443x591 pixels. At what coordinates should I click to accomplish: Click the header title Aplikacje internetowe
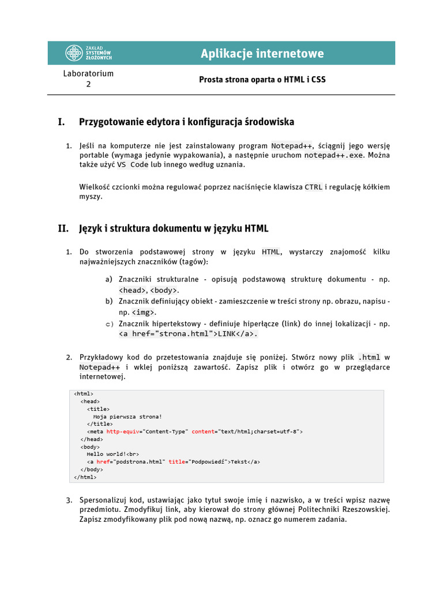262,54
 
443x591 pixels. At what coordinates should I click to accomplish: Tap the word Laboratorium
88,73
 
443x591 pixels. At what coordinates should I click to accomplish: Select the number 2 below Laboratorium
88,84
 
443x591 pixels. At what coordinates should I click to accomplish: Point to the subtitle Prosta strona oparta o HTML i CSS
262,79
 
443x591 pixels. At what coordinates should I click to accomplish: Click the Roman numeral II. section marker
63,229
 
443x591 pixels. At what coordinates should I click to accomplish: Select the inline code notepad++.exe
335,155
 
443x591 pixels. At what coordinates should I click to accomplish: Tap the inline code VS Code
133,164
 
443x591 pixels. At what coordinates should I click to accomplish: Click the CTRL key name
313,187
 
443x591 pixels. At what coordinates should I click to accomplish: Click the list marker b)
109,301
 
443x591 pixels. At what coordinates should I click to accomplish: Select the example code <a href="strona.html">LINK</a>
187,334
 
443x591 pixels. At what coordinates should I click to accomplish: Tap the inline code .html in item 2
369,357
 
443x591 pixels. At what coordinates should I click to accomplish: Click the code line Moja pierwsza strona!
127,416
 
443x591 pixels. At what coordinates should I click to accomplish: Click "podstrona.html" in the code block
139,461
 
